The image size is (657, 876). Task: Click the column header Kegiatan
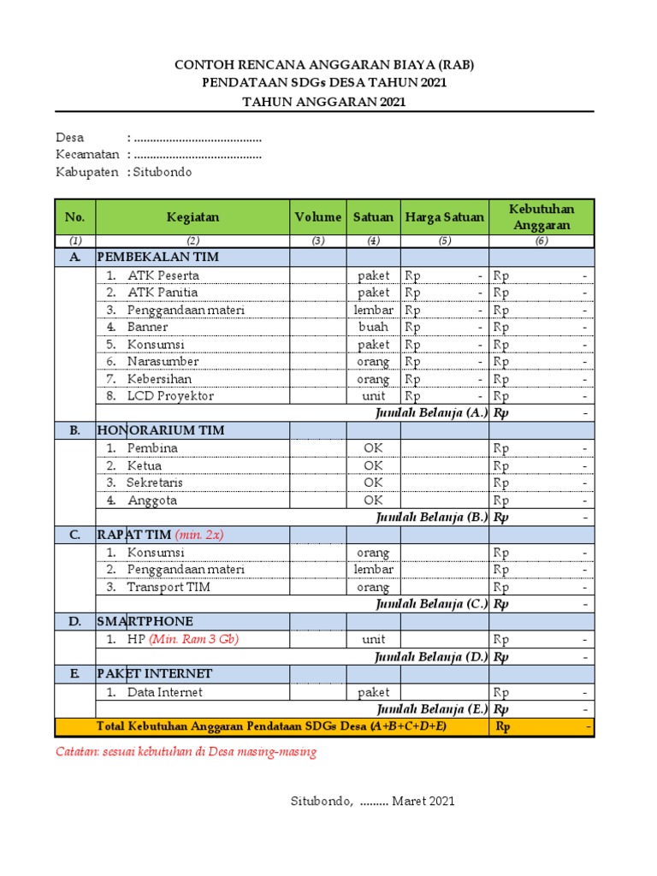(192, 217)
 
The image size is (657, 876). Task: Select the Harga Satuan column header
(444, 217)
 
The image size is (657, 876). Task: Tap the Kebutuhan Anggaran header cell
(541, 217)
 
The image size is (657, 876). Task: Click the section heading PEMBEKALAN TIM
(158, 257)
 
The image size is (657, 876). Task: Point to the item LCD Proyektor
(170, 396)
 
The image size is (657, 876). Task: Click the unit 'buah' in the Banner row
(373, 327)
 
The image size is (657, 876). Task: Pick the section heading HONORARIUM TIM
(161, 430)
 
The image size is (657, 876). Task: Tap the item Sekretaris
(155, 482)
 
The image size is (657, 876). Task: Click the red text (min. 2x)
(199, 535)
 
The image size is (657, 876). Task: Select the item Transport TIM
(169, 587)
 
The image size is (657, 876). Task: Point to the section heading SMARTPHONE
(145, 621)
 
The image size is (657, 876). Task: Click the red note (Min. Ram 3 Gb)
(193, 639)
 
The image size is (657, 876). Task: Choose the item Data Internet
(165, 692)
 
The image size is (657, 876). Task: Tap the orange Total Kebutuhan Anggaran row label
(271, 727)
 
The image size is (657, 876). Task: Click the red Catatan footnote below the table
(186, 752)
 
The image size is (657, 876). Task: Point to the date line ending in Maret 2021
(372, 802)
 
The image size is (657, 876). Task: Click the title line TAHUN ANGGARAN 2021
(324, 101)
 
